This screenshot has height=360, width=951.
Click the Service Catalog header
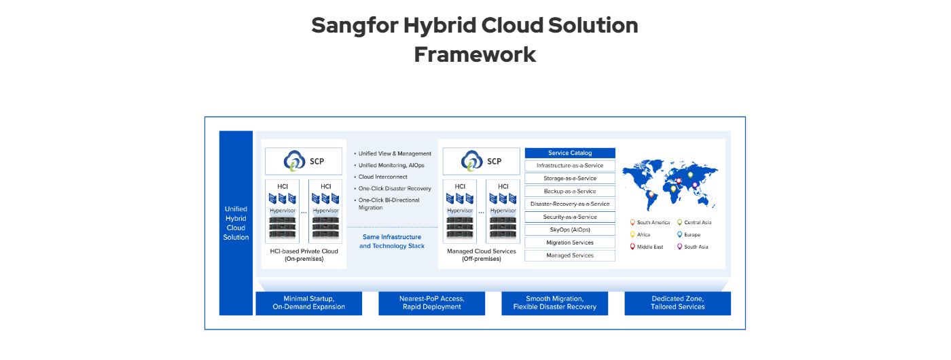[570, 153]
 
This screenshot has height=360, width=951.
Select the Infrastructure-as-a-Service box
[570, 166]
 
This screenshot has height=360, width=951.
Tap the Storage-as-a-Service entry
[570, 179]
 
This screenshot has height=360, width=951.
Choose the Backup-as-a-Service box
[570, 192]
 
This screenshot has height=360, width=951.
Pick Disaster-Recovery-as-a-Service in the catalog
[570, 204]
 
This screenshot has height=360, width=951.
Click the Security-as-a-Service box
[570, 217]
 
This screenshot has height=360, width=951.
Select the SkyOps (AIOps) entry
[570, 230]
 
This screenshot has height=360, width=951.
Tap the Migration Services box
[570, 242]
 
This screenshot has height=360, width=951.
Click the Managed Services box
[570, 255]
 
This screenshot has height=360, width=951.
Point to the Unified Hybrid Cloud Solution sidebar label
[236, 223]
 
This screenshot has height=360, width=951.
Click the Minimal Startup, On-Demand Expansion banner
[308, 303]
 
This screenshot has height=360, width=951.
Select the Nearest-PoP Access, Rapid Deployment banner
[431, 303]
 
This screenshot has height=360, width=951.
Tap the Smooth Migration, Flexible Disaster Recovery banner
[554, 303]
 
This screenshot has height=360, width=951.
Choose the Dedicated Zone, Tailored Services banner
[677, 303]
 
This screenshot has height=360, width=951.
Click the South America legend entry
[652, 223]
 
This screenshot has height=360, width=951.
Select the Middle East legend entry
[649, 247]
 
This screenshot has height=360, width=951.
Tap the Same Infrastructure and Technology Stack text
[392, 242]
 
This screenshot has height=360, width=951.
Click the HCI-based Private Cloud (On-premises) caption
[304, 255]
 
